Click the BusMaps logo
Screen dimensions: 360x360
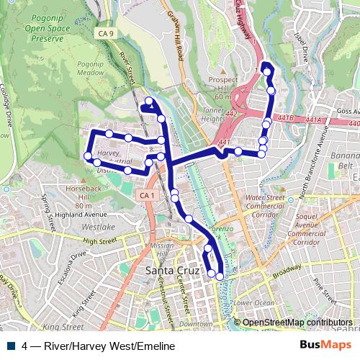(326, 345)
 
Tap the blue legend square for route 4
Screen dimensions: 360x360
(14, 346)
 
